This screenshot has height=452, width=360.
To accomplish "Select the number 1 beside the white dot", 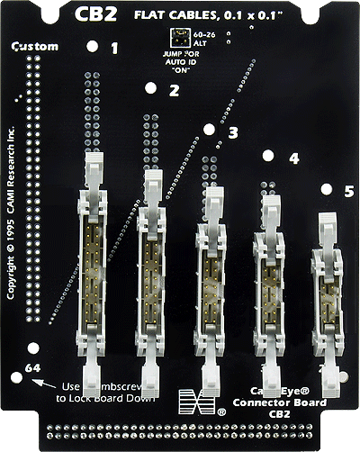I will pos(113,48).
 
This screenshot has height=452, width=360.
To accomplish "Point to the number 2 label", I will pos(174,90).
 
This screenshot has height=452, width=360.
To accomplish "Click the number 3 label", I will pos(233,132).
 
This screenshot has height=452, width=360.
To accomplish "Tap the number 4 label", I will pos(292,158).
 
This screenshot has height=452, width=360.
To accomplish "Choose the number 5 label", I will pos(349,191).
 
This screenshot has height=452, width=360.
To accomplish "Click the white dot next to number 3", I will pos(210,130).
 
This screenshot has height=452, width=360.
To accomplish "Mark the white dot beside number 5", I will pos(326,189).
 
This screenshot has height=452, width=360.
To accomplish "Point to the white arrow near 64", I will pos(39,382).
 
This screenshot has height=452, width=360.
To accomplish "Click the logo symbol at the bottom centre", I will pos(192,401).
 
